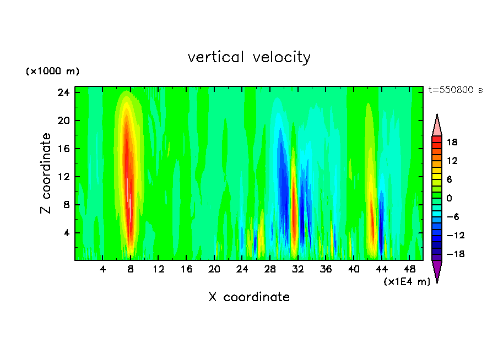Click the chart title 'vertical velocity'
coord(249,57)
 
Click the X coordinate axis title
coord(249,297)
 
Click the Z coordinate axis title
coord(46,173)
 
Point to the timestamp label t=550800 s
coord(456,90)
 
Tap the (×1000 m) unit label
coord(52,72)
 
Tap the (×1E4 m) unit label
coord(407,282)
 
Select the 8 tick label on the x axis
coord(131,269)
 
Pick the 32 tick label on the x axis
coord(298,269)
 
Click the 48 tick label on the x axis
coord(410,269)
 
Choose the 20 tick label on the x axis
coord(214,269)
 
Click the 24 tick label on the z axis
coord(63,92)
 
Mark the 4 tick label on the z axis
coord(67,233)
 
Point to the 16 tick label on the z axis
coord(63,149)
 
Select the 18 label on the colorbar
coord(452,142)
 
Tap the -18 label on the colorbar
coord(451,254)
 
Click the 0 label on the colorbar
coord(449,198)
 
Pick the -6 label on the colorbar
coord(451,217)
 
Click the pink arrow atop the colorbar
coord(437,126)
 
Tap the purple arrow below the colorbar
coord(437,271)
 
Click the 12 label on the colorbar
coord(452,161)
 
